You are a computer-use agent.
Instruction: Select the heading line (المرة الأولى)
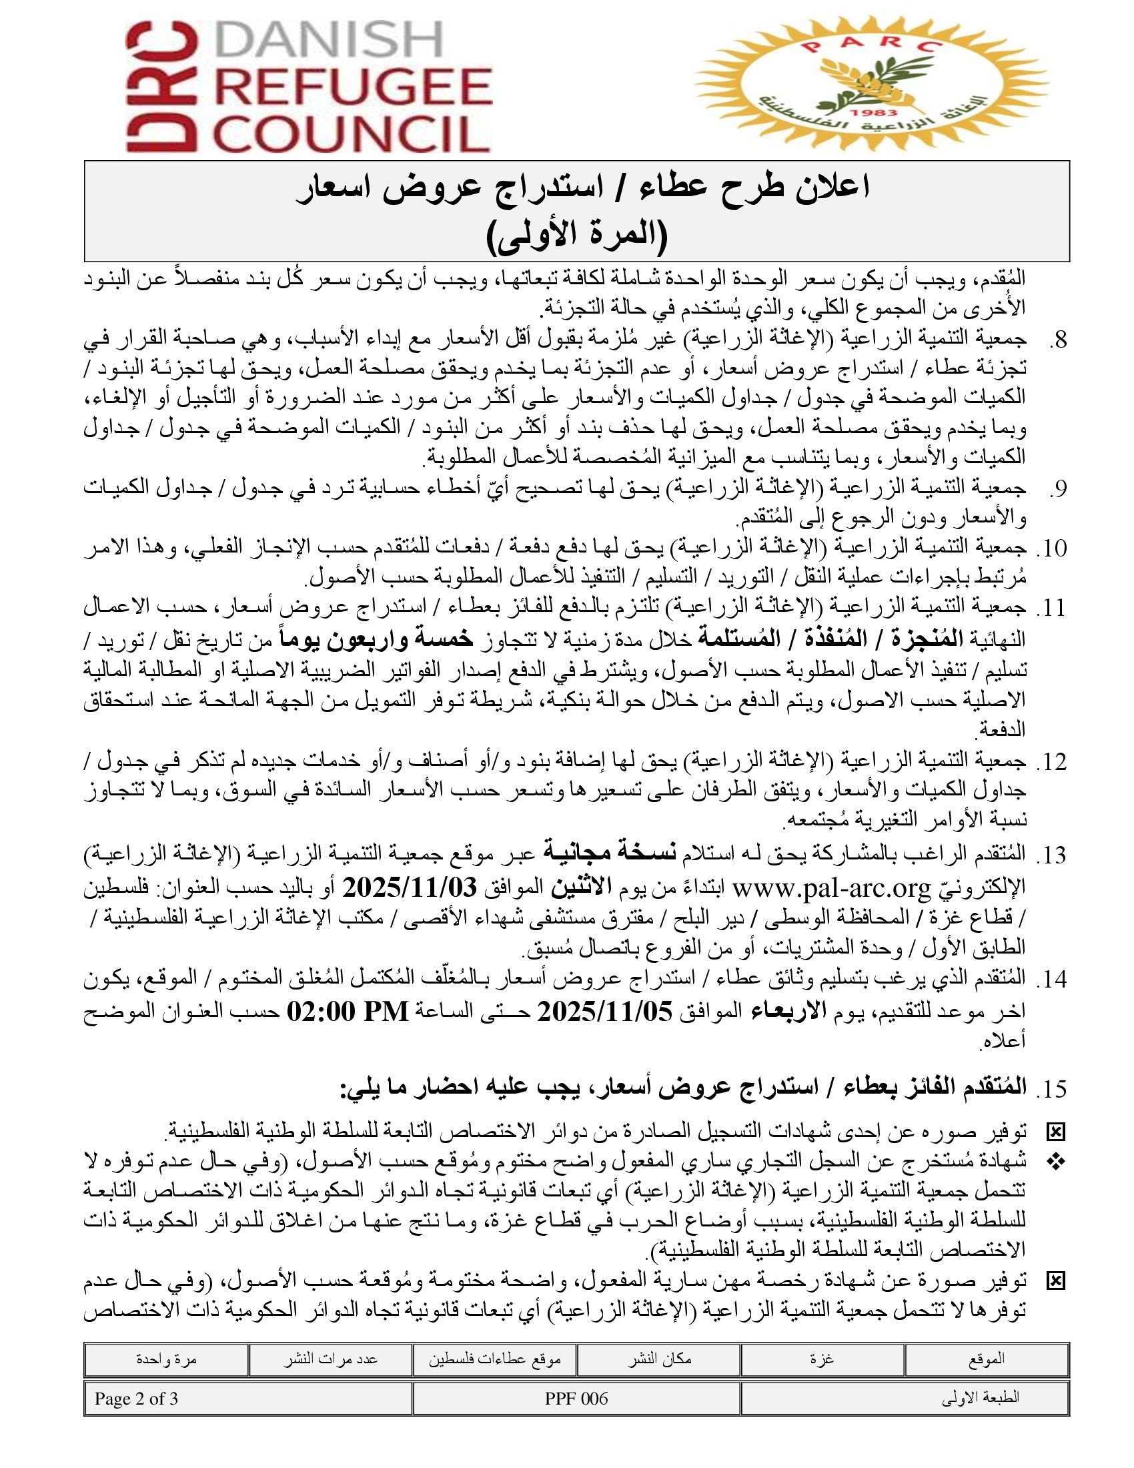point(576,236)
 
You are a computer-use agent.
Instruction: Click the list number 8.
point(1057,341)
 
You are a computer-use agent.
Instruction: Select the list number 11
point(1054,609)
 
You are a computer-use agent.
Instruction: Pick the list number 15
point(1054,1089)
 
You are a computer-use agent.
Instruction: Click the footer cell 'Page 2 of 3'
point(136,1399)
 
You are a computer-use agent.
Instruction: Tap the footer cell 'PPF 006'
point(576,1399)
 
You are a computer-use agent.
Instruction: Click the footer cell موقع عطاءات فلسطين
point(495,1359)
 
